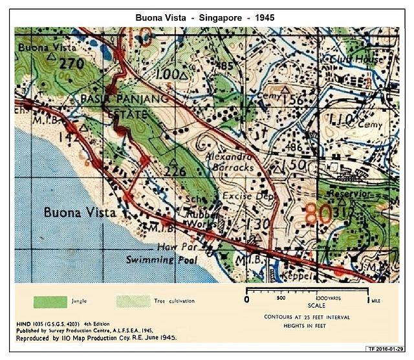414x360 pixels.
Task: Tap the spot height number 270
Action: pyautogui.click(x=72, y=63)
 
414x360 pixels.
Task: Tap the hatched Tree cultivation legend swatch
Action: pyautogui.click(x=133, y=301)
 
